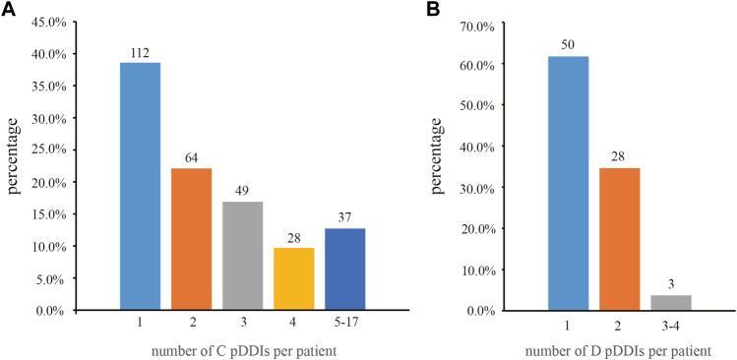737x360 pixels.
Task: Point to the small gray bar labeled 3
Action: pos(670,303)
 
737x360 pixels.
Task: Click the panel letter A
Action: pos(9,10)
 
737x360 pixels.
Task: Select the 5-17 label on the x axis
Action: pos(344,322)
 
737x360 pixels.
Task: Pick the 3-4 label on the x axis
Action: pos(670,322)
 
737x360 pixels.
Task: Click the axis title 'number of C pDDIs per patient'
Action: pos(243,348)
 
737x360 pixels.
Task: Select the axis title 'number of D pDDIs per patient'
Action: pos(620,348)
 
